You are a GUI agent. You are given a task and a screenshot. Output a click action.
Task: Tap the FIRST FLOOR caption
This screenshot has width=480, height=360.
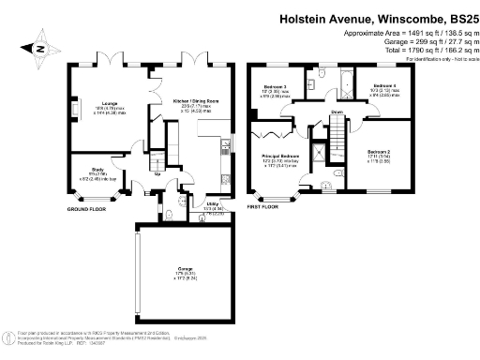tap(263, 203)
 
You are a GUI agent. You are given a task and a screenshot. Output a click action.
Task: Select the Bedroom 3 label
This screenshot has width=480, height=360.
tap(277, 86)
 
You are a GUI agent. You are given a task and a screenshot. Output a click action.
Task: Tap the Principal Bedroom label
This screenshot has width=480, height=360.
tap(281, 156)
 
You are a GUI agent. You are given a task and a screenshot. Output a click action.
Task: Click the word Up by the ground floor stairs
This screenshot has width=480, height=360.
tap(157, 174)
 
